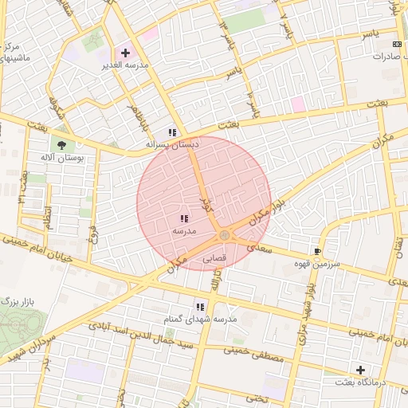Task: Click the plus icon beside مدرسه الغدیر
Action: click(125, 53)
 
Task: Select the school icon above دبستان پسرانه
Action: click(171, 132)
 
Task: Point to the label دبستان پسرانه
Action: click(171, 144)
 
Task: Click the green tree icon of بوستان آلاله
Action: click(61, 144)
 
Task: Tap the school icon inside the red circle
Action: click(184, 218)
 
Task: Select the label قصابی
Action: click(215, 258)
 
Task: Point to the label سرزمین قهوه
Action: click(317, 263)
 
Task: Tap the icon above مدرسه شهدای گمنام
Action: click(200, 306)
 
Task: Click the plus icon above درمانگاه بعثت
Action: click(360, 370)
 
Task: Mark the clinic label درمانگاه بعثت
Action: click(360, 382)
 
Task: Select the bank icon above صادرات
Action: click(398, 43)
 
